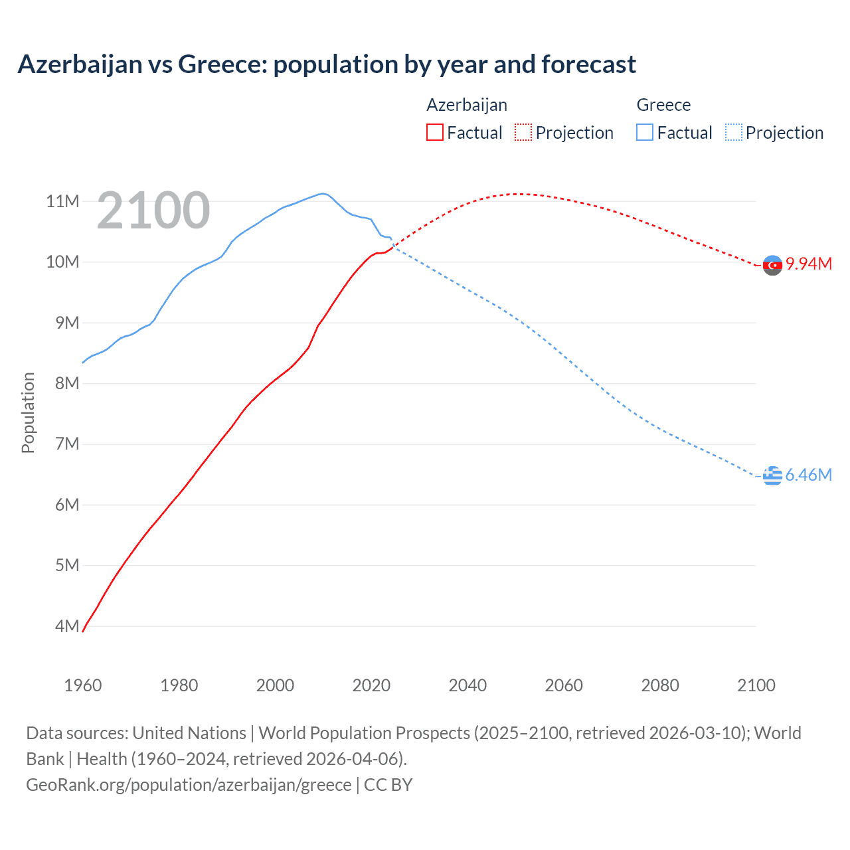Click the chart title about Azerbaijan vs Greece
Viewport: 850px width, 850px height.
[x=327, y=64]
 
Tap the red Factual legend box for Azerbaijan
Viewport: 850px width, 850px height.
[x=434, y=132]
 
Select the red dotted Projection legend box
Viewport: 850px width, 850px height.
[x=523, y=132]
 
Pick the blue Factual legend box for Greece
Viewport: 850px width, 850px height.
[x=644, y=132]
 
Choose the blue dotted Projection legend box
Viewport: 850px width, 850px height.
[x=733, y=132]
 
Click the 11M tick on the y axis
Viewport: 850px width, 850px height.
[x=62, y=201]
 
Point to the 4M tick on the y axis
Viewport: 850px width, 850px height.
[x=66, y=626]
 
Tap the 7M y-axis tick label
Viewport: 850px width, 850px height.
[x=66, y=444]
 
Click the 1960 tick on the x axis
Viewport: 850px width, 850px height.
[x=82, y=685]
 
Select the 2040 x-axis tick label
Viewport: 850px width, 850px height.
[x=467, y=685]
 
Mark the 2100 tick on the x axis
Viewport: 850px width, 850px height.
[x=756, y=685]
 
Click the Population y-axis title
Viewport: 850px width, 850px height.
[x=28, y=412]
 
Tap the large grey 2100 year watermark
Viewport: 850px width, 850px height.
[x=153, y=211]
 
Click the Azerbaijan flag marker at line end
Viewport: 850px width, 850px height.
[x=772, y=265]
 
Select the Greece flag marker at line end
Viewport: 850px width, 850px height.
[x=772, y=475]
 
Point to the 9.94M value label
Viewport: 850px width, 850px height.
[x=809, y=264]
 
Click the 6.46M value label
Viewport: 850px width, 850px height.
[x=808, y=475]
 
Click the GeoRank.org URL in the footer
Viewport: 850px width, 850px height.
[x=189, y=785]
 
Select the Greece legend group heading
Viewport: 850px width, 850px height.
[x=663, y=105]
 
